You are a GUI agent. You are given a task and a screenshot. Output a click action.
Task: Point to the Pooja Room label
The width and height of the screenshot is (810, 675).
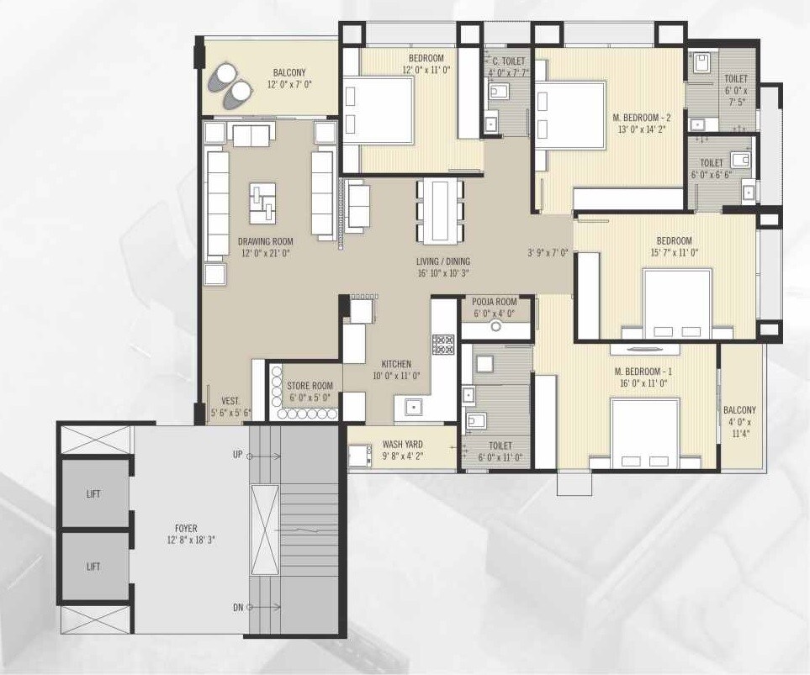(494, 307)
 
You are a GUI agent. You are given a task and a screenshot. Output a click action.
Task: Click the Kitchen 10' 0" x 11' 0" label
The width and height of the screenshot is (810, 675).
(395, 371)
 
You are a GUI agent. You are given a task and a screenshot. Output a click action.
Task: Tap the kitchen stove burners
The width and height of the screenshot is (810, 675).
(442, 344)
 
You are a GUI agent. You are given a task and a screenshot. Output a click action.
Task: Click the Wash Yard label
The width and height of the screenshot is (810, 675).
(402, 450)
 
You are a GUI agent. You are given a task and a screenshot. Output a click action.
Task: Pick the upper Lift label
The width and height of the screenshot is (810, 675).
(93, 493)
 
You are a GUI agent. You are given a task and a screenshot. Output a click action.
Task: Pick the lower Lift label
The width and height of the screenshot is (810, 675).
(93, 567)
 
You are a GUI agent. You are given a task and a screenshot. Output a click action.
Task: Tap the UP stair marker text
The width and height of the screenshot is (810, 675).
(237, 454)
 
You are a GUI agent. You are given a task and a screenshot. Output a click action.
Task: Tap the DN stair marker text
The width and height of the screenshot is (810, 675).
(237, 607)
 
